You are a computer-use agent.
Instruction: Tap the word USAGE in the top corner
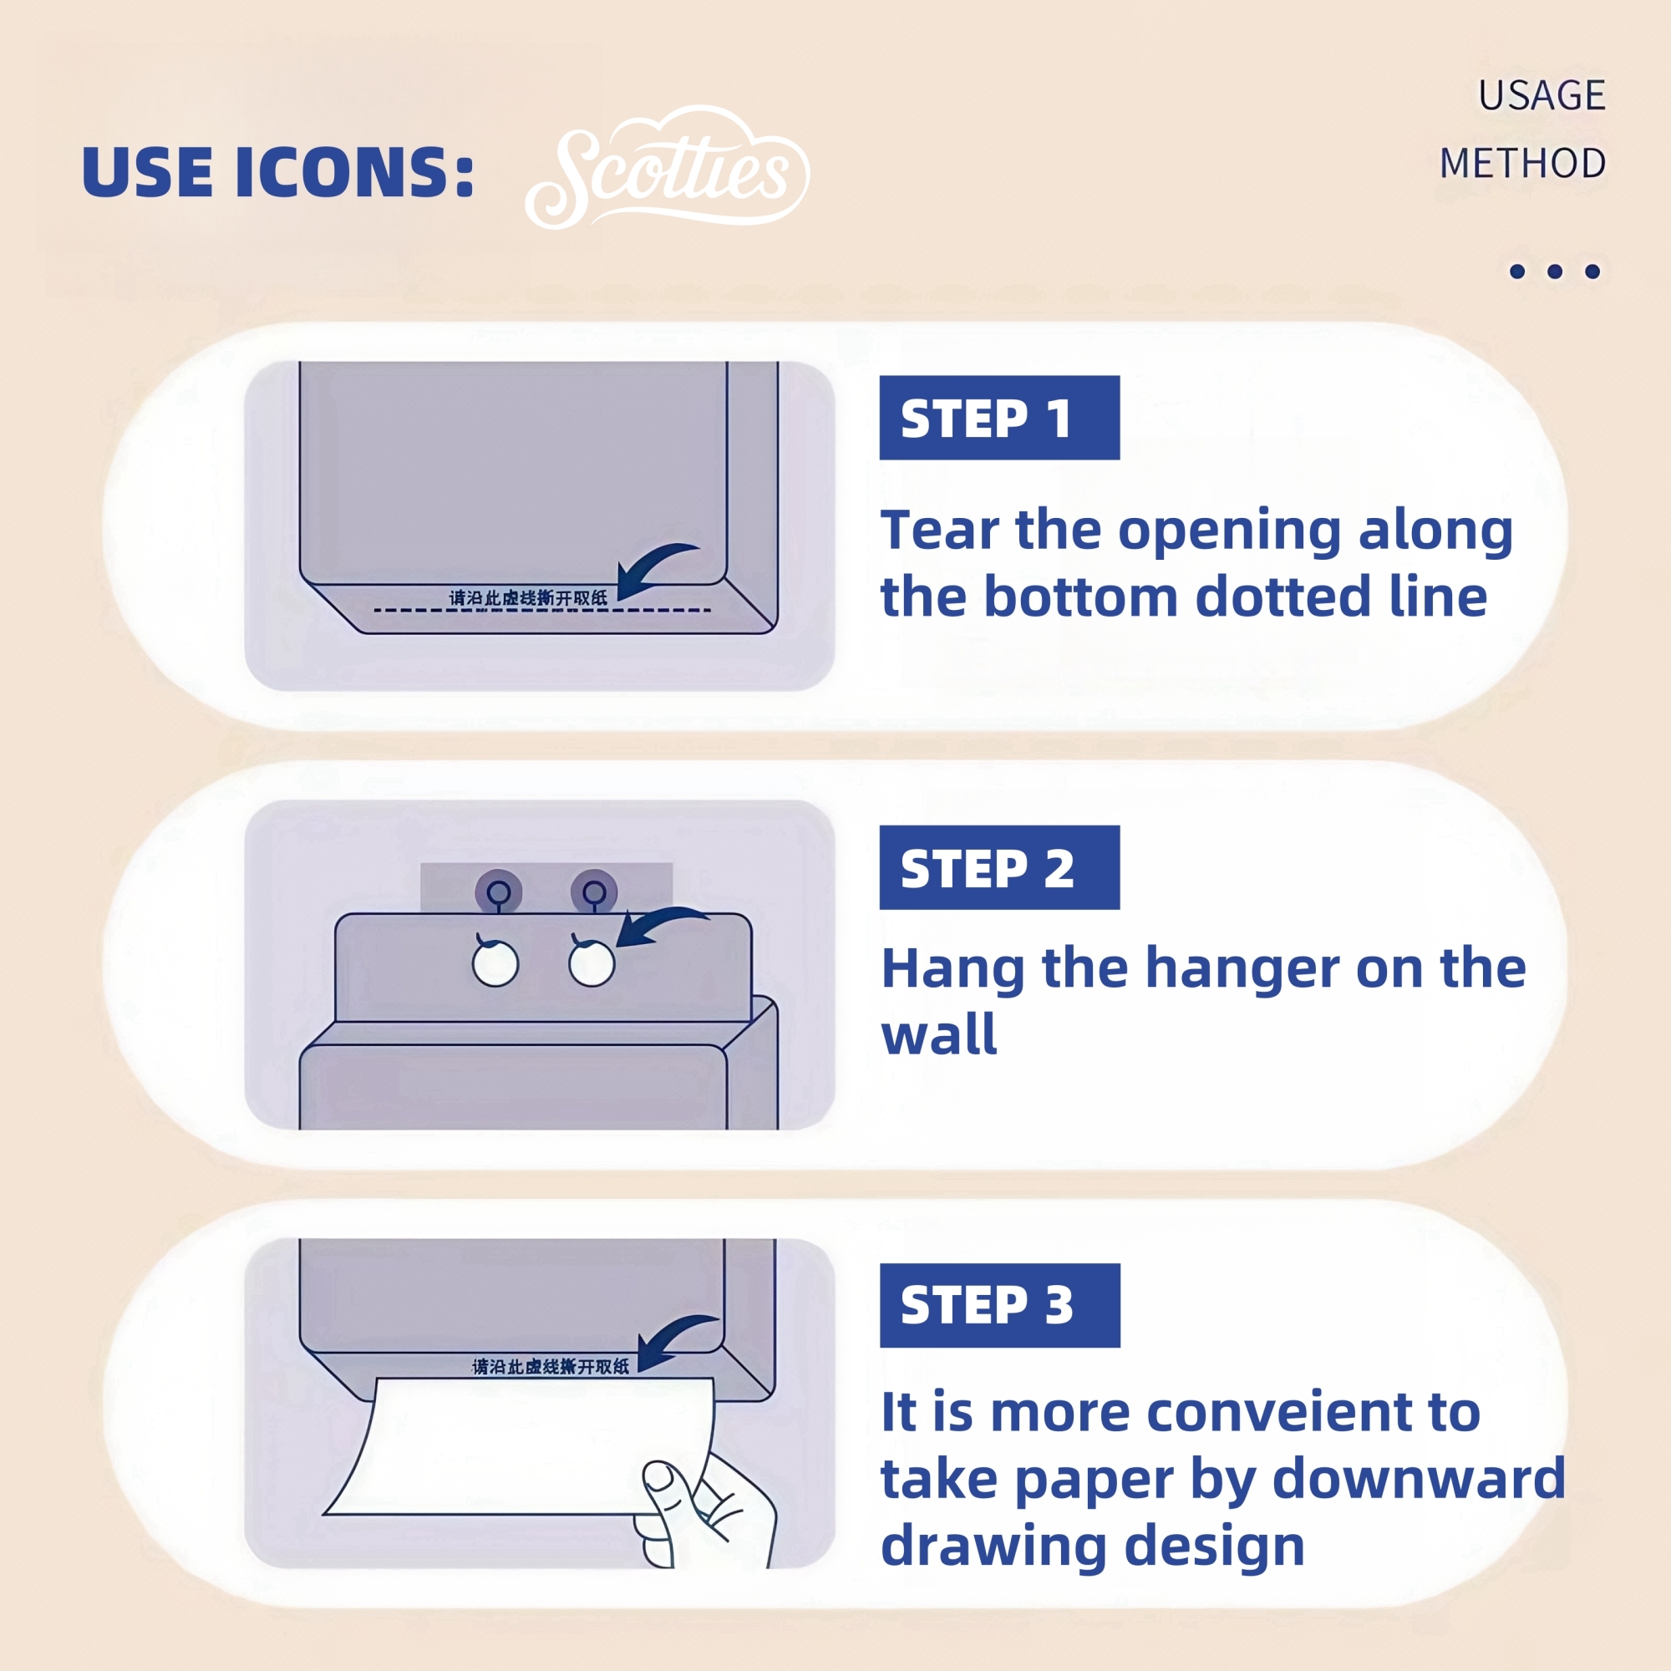click(x=1541, y=95)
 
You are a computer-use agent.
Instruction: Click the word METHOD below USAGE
click(x=1522, y=164)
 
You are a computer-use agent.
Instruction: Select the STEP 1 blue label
click(x=999, y=418)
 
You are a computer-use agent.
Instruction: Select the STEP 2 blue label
click(x=999, y=867)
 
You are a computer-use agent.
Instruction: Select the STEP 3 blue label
click(x=999, y=1305)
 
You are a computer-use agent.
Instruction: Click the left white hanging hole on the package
click(x=495, y=963)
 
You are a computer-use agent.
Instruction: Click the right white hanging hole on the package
click(x=592, y=963)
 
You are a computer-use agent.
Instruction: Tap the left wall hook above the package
click(x=498, y=891)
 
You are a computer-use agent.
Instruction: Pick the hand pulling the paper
click(x=705, y=1509)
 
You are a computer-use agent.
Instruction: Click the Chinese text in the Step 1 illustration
click(x=527, y=597)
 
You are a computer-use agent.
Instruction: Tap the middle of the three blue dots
click(x=1555, y=272)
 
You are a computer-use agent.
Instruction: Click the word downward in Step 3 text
click(x=1419, y=1478)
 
